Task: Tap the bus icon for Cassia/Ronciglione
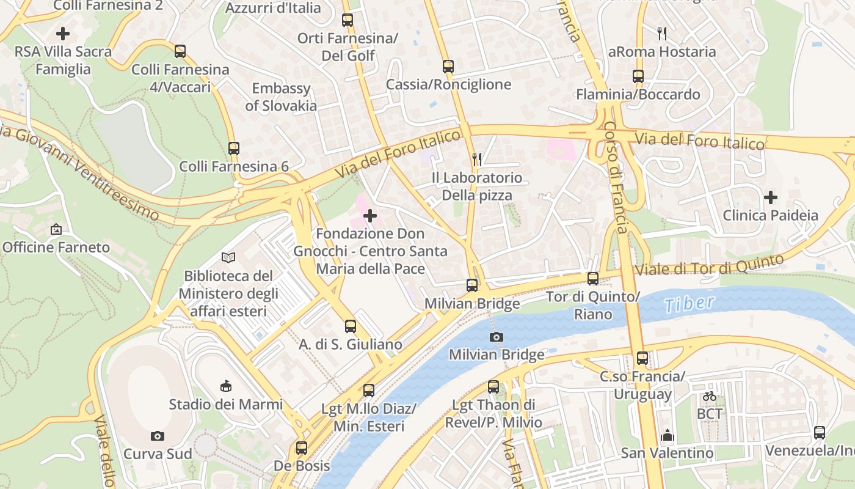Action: (448, 66)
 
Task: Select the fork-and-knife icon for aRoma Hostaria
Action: (661, 33)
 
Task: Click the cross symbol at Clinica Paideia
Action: (771, 197)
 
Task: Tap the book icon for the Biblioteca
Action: (228, 258)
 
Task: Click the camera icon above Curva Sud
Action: (158, 436)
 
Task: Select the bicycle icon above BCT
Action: (709, 396)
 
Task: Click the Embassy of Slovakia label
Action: (281, 97)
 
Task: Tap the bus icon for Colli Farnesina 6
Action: (234, 148)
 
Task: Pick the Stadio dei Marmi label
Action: (226, 404)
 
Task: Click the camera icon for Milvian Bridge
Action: (497, 337)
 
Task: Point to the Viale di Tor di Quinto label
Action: (709, 265)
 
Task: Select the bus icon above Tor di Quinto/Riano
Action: (592, 279)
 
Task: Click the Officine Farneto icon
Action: (56, 229)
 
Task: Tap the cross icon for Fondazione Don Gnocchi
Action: (370, 216)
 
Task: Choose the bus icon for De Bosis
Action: (302, 447)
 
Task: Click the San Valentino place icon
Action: (667, 435)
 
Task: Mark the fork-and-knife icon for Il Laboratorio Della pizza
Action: (477, 160)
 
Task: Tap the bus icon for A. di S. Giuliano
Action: (351, 326)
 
